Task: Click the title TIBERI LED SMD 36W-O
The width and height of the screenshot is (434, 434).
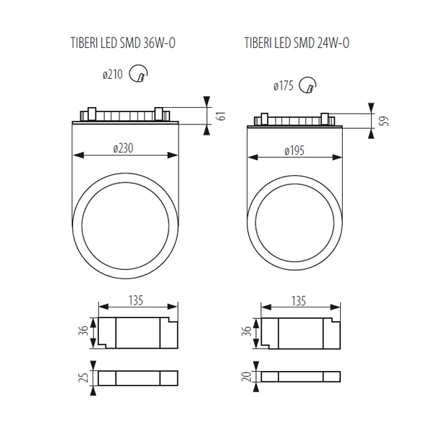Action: coord(123,43)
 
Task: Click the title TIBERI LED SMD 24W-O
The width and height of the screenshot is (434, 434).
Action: coord(297,43)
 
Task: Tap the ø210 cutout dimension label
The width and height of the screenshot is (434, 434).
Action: coord(112,75)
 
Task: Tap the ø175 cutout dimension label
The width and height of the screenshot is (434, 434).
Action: coord(284,86)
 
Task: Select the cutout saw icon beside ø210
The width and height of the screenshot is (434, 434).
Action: coord(139,73)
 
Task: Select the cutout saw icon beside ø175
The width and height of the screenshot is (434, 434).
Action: coord(308,85)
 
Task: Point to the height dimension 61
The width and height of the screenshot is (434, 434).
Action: coord(222,116)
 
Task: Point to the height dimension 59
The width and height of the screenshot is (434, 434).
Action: coord(385,121)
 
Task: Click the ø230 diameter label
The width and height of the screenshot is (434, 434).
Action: coord(123,148)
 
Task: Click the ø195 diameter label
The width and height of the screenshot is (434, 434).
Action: coord(294,151)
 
